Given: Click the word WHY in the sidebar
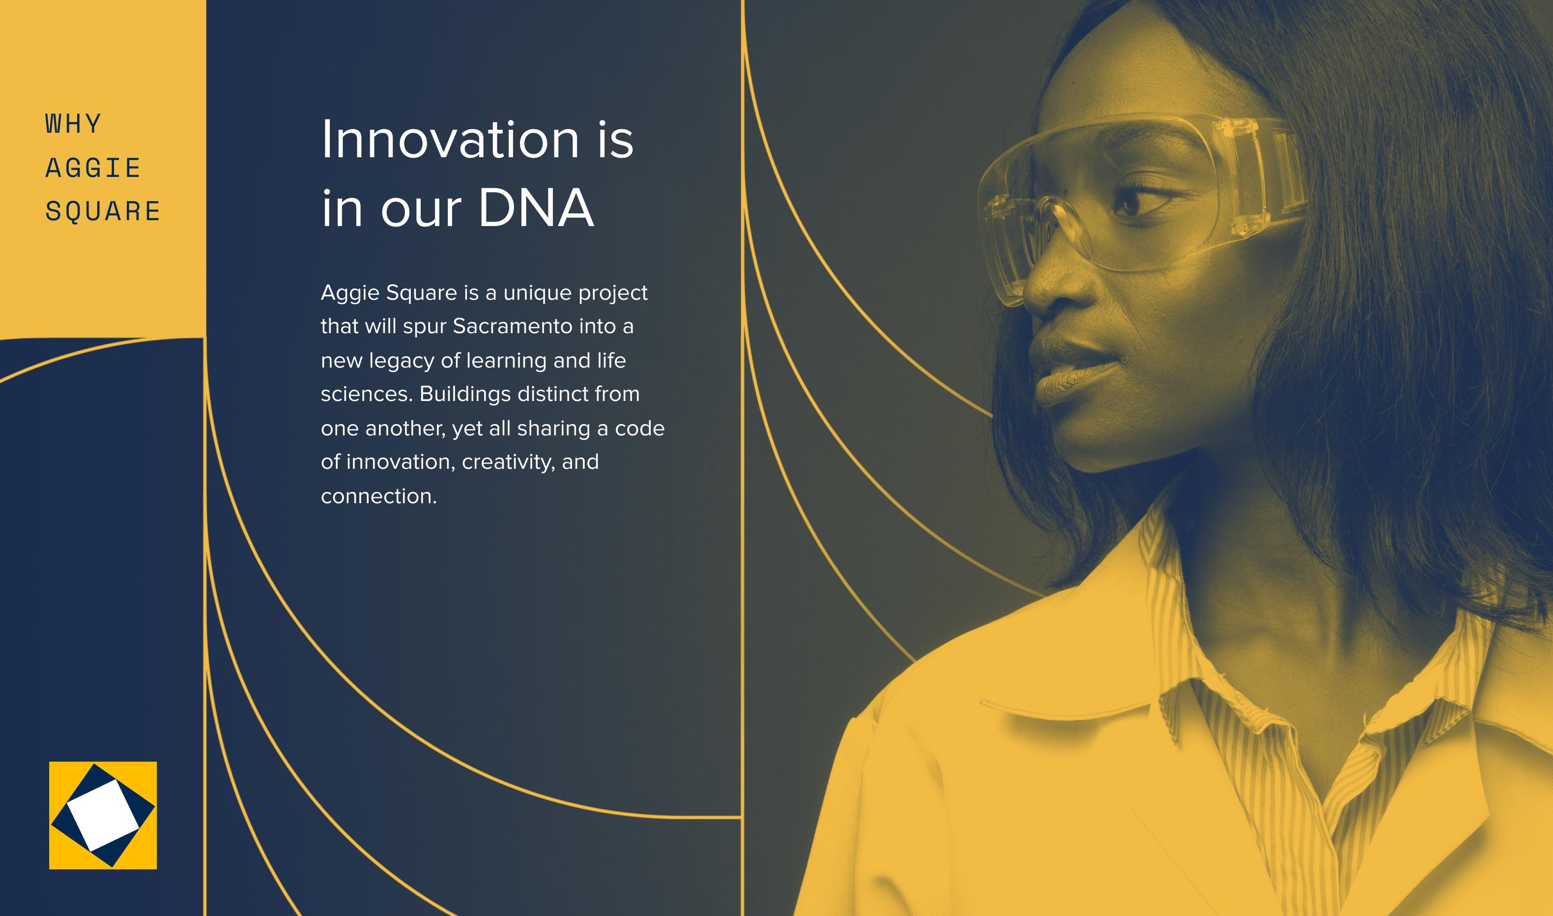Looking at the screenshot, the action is [x=73, y=124].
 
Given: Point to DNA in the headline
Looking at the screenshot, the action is [x=536, y=207].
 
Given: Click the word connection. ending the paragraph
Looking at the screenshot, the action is [x=379, y=496].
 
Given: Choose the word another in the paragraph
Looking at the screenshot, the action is [x=405, y=429].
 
